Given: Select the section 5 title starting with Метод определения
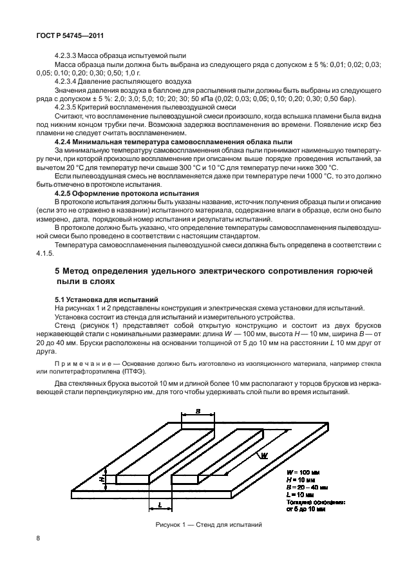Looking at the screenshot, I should [x=214, y=273].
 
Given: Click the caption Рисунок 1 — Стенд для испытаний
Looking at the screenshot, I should [x=208, y=525].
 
